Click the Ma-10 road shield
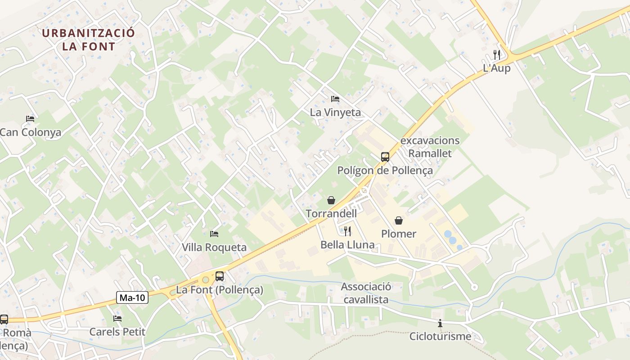[132, 297]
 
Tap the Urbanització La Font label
[89, 40]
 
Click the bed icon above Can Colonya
[30, 119]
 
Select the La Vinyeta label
[335, 112]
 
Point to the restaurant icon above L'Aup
[497, 55]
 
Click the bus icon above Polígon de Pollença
[385, 157]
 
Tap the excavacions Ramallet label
[430, 147]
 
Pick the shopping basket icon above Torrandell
[331, 200]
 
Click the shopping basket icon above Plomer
[398, 220]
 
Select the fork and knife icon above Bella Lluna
[347, 231]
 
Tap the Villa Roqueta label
[214, 247]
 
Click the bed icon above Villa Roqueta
[214, 234]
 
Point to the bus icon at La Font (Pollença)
[219, 276]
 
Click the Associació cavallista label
[366, 293]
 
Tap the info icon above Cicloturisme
[440, 323]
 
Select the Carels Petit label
[117, 332]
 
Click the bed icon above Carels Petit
[117, 319]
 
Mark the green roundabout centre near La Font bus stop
[206, 280]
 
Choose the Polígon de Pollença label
[385, 171]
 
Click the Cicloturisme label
[440, 337]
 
